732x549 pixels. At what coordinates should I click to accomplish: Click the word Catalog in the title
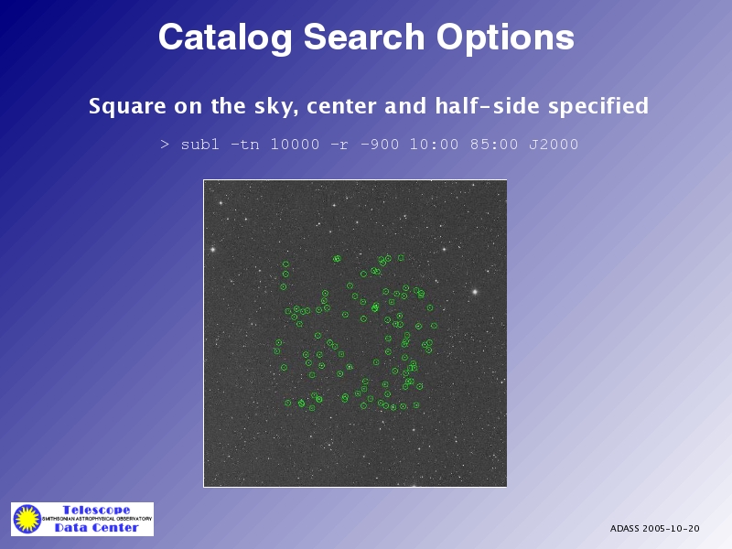click(x=225, y=38)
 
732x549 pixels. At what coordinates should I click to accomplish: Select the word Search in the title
click(x=364, y=37)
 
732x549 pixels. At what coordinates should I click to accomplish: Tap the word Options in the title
click(x=506, y=38)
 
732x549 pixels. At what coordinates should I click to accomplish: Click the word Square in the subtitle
click(x=127, y=106)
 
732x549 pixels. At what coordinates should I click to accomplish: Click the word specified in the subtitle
click(x=598, y=106)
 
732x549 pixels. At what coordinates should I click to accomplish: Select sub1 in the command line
click(x=199, y=145)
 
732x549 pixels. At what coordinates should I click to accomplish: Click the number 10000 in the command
click(x=295, y=145)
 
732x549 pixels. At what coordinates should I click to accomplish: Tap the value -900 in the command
click(x=380, y=145)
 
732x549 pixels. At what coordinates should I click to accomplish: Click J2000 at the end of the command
click(x=554, y=145)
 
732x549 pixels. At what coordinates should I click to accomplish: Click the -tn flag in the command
click(x=245, y=145)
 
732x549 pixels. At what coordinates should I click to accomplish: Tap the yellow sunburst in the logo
click(x=27, y=519)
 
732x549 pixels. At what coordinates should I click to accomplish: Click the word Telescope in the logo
click(x=97, y=510)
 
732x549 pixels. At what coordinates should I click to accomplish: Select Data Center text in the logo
click(x=97, y=528)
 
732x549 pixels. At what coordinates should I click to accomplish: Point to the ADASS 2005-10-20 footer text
click(x=654, y=529)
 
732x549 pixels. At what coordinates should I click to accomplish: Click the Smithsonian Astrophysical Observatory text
click(x=97, y=519)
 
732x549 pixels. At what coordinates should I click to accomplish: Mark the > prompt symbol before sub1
click(x=165, y=145)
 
